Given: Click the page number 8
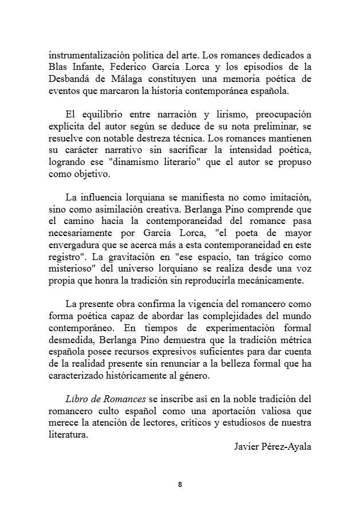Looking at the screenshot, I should [x=180, y=485].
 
